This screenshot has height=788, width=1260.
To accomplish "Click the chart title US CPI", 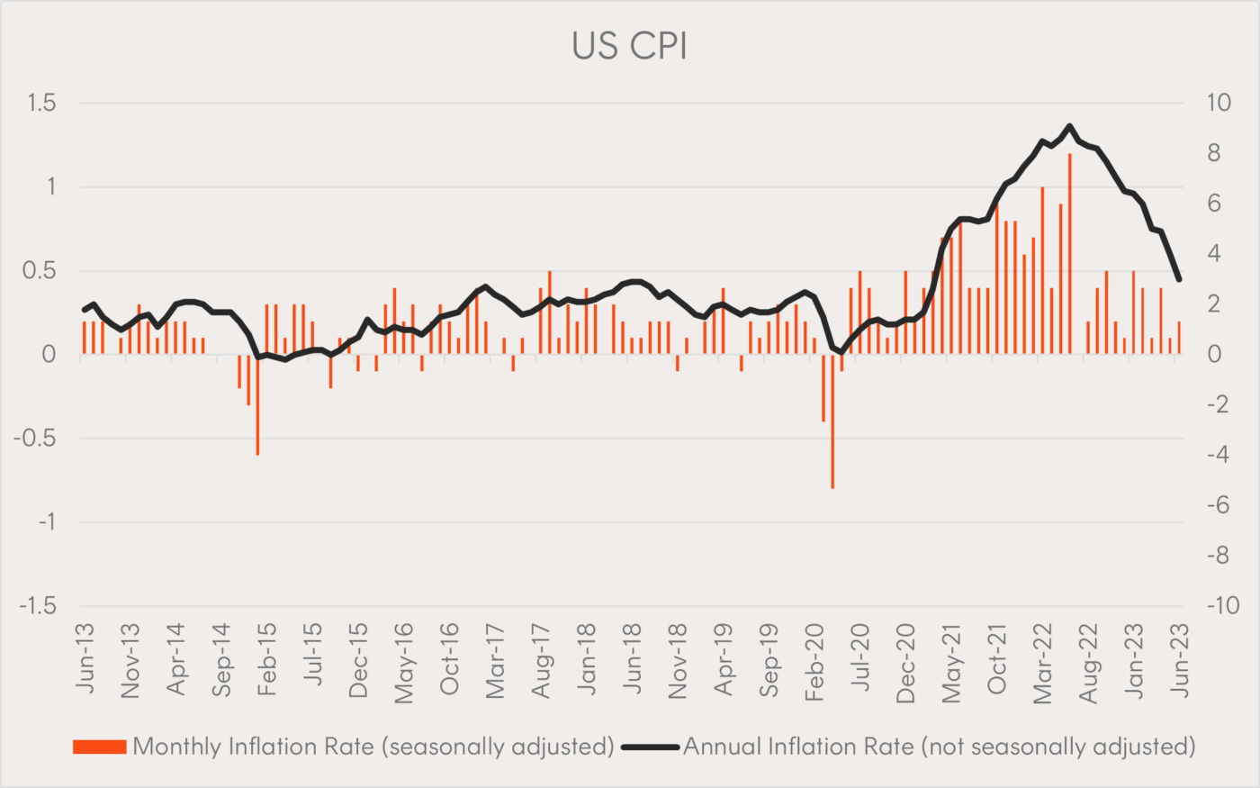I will pos(629,46).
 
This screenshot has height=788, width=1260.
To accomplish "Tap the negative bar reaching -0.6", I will pos(257,404).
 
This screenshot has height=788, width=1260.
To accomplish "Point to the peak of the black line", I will pos(1069,126).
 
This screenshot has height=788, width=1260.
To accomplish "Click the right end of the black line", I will pos(1179,279).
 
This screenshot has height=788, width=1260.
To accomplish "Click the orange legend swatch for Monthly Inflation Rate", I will pos(99,747).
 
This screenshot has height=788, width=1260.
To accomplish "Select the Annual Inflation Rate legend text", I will pos(939,747).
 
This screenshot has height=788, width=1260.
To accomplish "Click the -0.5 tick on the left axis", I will pos(34,439).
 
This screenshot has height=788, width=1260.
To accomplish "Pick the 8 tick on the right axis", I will pos(1214,154).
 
